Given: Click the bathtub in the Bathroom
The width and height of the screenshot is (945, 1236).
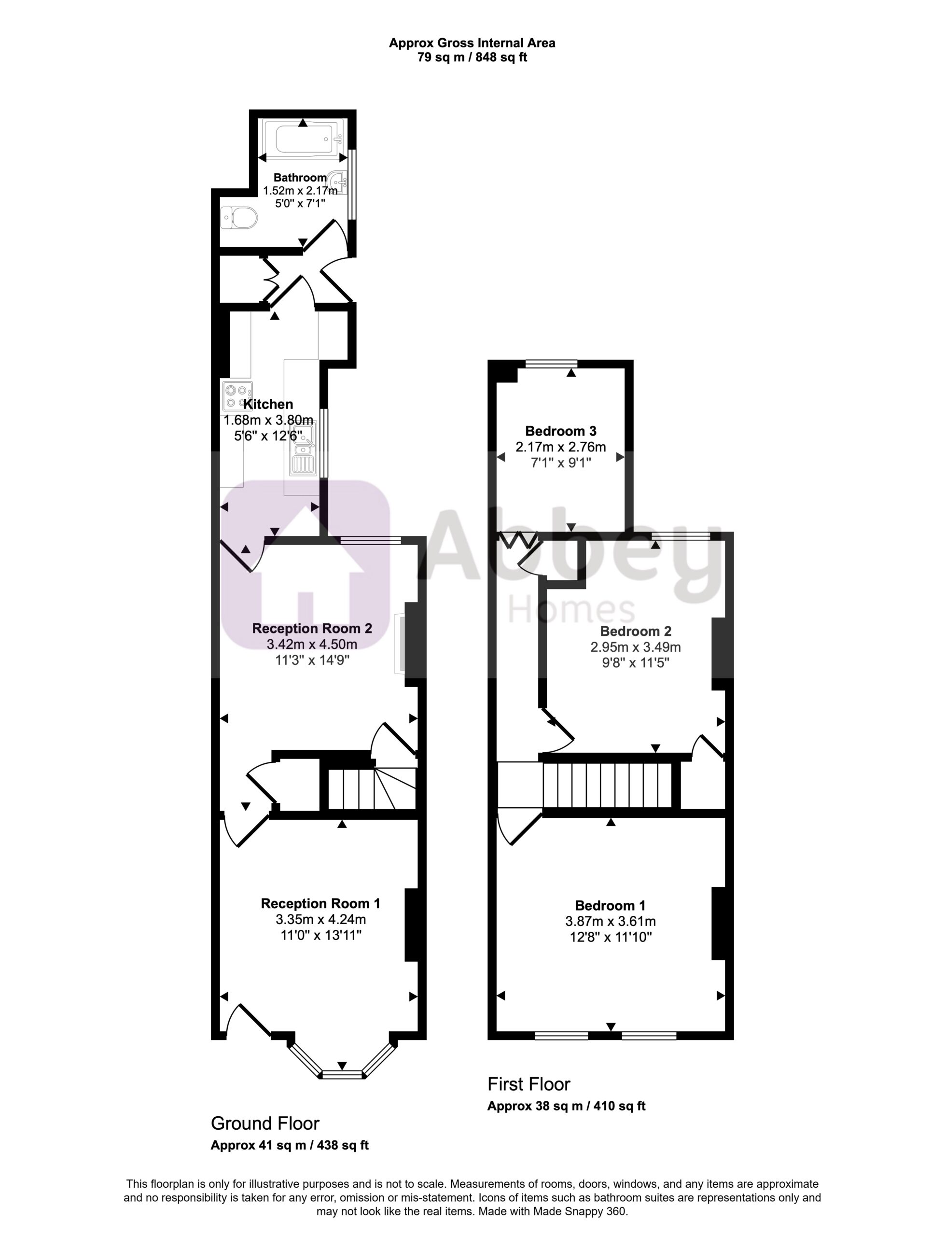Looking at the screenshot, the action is [x=304, y=140].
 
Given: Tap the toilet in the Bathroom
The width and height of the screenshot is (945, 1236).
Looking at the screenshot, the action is [x=238, y=218].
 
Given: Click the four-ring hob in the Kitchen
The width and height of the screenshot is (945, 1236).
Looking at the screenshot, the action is [x=237, y=395].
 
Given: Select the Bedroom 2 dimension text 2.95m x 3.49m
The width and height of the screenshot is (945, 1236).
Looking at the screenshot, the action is [x=636, y=647].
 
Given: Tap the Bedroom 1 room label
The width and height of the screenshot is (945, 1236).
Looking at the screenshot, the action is [x=611, y=906].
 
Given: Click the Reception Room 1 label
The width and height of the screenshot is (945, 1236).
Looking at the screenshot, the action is [x=320, y=903].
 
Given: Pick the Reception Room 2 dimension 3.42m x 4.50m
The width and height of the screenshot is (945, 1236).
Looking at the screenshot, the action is [x=312, y=644].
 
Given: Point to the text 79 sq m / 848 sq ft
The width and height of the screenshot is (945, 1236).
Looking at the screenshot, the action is [x=472, y=57].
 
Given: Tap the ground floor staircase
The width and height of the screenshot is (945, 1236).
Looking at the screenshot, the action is [x=372, y=787].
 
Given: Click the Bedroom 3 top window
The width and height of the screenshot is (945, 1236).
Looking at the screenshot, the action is [x=551, y=364].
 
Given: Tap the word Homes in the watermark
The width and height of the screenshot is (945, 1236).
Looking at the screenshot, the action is [x=571, y=610].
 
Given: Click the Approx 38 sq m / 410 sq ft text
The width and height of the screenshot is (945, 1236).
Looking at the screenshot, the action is [x=567, y=1106].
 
